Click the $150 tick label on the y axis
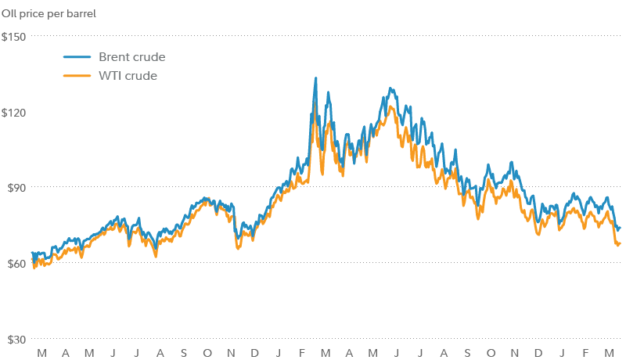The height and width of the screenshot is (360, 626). (x=14, y=37)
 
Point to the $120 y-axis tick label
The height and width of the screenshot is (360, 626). (x=14, y=112)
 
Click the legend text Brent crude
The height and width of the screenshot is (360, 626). (x=131, y=57)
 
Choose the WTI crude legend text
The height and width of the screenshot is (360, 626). (x=128, y=76)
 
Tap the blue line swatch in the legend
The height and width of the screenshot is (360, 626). (x=77, y=57)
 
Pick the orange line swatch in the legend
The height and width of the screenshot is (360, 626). (x=77, y=76)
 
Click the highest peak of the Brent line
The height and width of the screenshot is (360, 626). (x=315, y=78)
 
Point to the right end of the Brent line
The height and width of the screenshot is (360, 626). (x=620, y=228)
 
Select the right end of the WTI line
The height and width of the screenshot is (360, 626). (x=620, y=244)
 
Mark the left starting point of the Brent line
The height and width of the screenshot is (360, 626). (x=31, y=253)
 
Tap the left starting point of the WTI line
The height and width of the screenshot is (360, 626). (x=32, y=266)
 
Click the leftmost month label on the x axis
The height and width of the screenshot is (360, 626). (x=41, y=353)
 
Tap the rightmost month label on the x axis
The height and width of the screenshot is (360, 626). (x=608, y=353)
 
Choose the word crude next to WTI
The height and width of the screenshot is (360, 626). (x=142, y=76)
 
